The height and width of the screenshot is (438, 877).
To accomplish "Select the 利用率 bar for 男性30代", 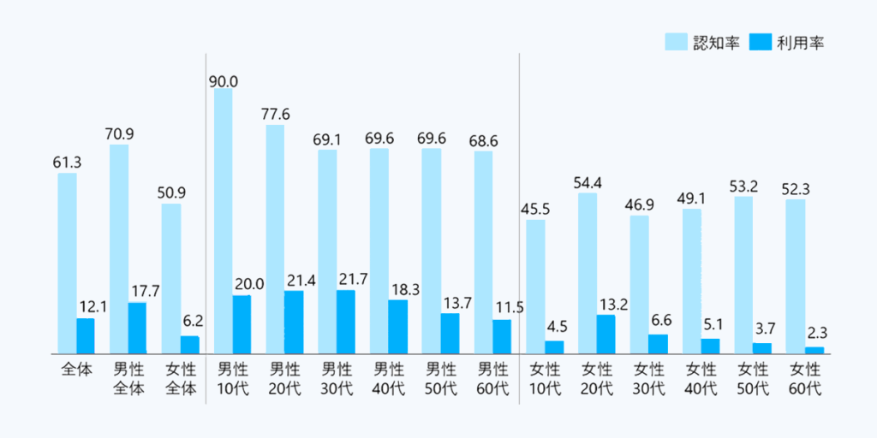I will coord(345,322).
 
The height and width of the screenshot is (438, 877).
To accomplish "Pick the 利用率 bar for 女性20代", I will coord(606,334).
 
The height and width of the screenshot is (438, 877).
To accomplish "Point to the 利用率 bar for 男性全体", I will coord(137,328).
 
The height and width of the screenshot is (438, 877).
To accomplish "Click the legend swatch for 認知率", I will coord(676,42).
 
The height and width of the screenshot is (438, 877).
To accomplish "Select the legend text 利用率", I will coord(802,42).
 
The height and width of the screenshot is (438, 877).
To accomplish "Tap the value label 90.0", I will coord(223,81).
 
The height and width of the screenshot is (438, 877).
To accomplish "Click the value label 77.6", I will coord(275,114).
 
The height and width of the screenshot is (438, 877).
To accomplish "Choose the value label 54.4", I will coord(588,181).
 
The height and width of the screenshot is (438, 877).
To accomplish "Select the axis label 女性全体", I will coord(180,379).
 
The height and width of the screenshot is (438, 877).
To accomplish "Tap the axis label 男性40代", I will coord(389,379).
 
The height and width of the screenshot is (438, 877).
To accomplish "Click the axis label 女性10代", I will coord(545,379).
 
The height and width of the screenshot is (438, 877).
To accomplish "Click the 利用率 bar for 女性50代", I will coord(762,347).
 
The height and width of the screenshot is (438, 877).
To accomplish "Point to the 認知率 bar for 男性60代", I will coord(483,252).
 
